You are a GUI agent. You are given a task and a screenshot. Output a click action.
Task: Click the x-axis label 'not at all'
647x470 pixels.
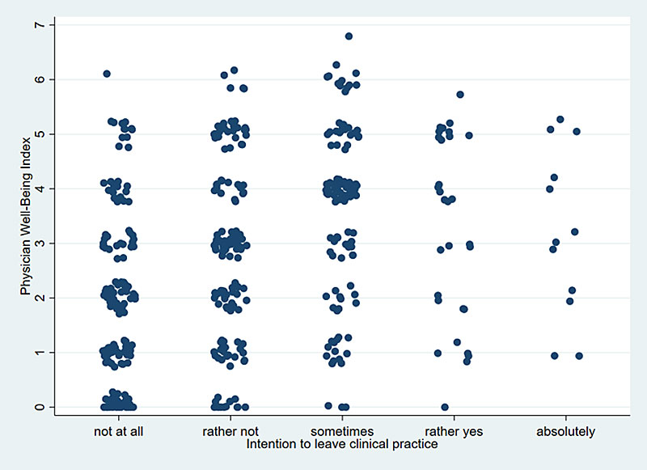point(118,431)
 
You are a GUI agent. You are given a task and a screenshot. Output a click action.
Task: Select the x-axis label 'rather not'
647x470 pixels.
point(230,431)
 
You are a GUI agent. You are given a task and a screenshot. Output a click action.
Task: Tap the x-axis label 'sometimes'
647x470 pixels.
point(342,431)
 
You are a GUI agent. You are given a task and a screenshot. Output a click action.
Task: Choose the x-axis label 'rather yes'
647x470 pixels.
point(454,431)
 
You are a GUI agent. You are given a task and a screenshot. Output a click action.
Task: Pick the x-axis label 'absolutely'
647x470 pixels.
point(565,431)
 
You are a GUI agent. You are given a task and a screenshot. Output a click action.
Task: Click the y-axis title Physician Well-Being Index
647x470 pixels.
point(25,216)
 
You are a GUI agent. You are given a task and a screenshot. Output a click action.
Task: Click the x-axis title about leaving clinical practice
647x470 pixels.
point(342,444)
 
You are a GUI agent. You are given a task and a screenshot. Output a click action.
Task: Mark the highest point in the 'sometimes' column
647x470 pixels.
point(349,36)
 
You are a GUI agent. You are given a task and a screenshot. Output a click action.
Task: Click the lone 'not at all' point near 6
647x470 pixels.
point(107,74)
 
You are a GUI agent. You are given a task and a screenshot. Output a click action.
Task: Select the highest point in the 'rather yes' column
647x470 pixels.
point(460,95)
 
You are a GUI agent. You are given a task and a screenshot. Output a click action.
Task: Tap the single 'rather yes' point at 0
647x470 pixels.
point(445,407)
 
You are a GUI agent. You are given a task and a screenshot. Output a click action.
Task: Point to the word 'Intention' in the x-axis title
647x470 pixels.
point(269,444)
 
